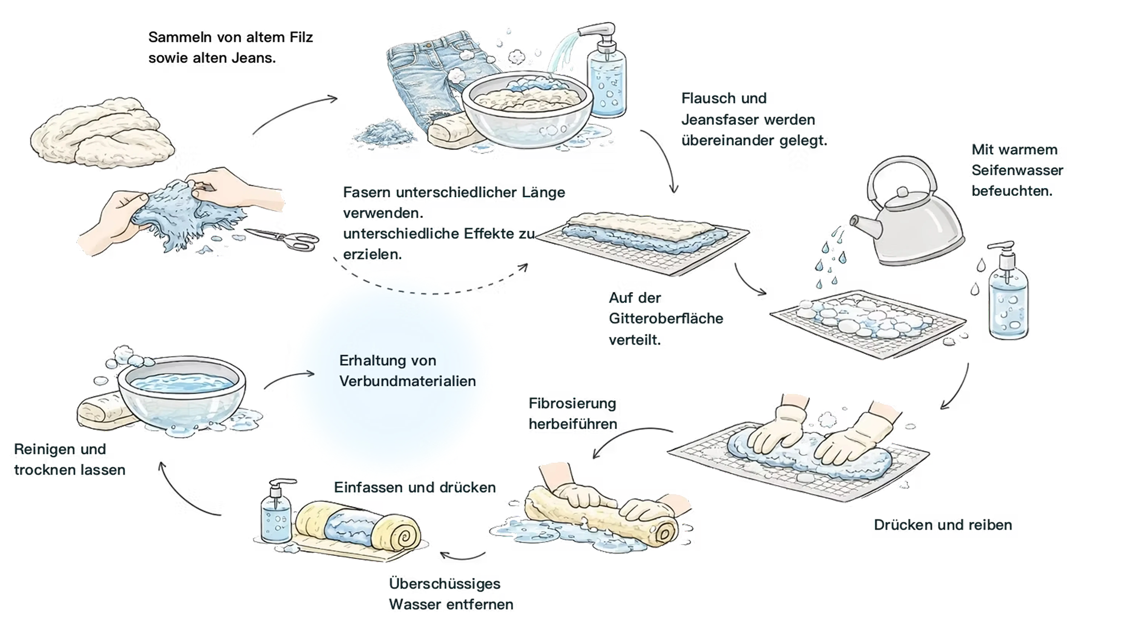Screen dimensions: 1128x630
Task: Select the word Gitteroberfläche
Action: (x=666, y=318)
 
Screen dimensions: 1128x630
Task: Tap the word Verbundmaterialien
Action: (x=407, y=381)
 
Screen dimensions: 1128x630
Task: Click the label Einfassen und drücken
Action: (x=415, y=487)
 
